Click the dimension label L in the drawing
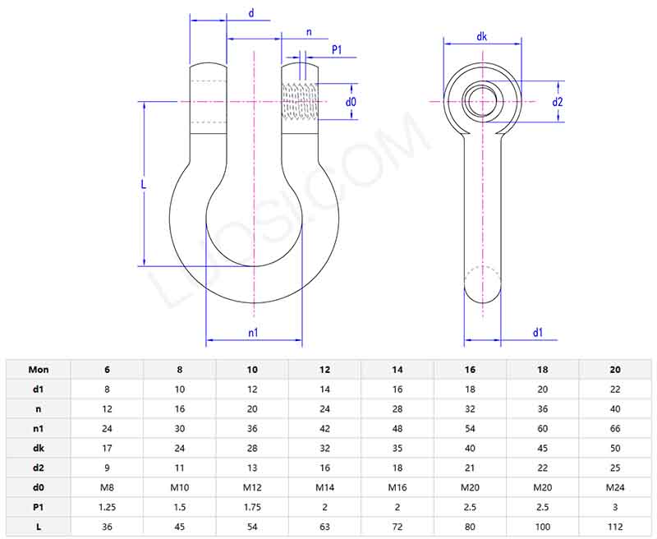coord(144,185)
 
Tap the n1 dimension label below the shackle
coord(253,332)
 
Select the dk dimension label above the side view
coord(482,36)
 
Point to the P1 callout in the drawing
coord(337,51)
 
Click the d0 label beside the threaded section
coord(351,102)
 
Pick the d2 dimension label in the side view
coord(558,102)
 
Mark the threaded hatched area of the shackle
coord(299,102)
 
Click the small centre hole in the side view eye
coord(482,101)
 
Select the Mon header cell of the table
coord(39,370)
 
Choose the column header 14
coord(397,370)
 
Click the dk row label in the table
coord(39,449)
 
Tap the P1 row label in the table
coord(39,508)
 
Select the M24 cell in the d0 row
coord(615,488)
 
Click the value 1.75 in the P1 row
coord(252,508)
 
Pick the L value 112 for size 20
coord(615,527)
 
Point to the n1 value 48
coord(397,429)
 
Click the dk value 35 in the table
coord(397,449)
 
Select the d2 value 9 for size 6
coord(108,468)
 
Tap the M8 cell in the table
coord(108,488)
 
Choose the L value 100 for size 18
coord(543,527)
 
